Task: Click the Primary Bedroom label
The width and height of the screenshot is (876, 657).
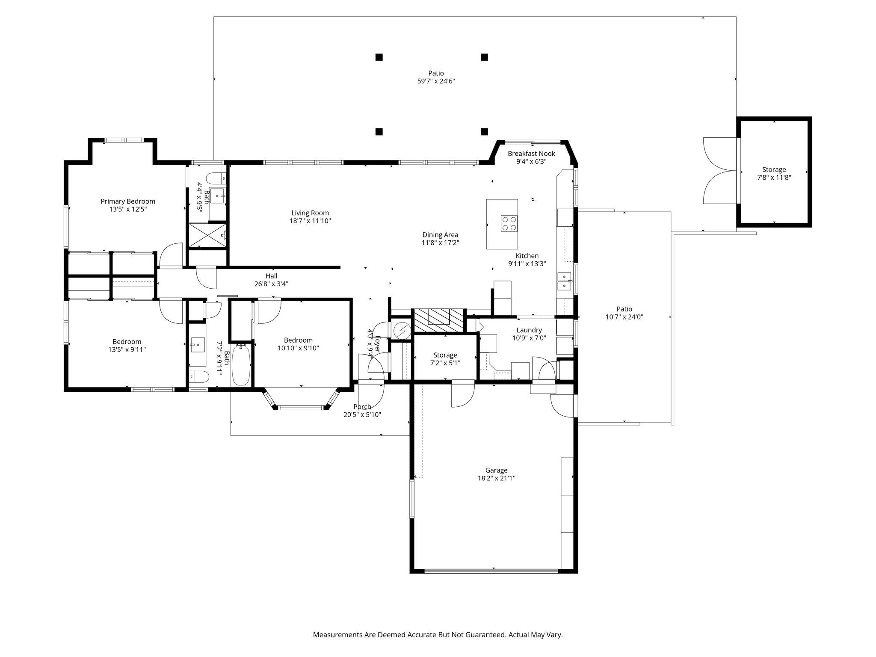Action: click(128, 201)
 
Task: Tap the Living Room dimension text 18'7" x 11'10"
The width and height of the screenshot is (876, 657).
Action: click(310, 221)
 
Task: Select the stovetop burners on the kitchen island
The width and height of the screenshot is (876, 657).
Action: click(509, 223)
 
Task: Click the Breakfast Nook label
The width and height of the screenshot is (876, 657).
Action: click(531, 154)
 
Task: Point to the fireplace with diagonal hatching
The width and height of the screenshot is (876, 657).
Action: click(438, 320)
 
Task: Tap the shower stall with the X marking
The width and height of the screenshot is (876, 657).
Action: click(207, 235)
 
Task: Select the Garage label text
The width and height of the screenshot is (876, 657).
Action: click(496, 470)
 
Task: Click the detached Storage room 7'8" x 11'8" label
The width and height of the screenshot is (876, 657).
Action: click(774, 170)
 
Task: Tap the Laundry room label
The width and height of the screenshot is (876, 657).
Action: click(529, 330)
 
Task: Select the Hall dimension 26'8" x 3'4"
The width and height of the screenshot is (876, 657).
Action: click(271, 284)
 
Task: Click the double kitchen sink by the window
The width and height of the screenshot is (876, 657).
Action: click(564, 281)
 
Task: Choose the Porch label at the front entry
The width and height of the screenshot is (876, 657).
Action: click(362, 407)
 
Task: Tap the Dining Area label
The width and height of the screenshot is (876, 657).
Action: click(440, 235)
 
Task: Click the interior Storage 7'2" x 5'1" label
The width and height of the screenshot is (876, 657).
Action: click(445, 355)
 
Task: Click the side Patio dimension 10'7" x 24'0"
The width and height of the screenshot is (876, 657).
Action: click(624, 317)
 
